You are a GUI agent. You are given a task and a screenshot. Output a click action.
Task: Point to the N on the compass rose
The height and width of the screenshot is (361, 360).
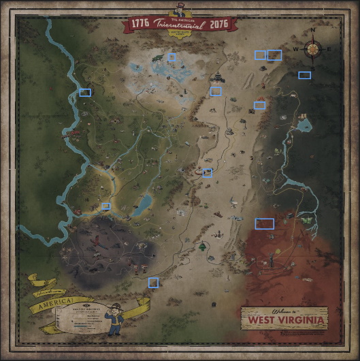point(313,31)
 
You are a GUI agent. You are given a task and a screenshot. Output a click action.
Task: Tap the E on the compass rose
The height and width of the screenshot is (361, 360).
point(329,50)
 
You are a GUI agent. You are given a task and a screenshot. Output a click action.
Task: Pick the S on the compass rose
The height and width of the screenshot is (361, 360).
point(313,67)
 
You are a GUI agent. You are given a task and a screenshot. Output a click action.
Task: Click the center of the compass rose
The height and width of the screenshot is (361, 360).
point(313,49)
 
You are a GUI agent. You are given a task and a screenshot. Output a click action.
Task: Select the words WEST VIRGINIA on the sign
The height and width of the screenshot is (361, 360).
point(284,319)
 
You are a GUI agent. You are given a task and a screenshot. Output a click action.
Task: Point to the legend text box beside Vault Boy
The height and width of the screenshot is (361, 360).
point(83,318)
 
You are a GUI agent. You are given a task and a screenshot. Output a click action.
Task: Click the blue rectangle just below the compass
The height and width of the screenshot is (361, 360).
point(304,75)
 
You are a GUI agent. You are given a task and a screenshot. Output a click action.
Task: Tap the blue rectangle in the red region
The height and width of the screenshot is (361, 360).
point(264,223)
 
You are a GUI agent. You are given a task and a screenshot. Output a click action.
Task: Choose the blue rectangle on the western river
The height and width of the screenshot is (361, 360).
point(85,92)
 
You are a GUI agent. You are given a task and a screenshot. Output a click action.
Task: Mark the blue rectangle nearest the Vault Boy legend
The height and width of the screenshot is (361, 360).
point(153,282)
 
